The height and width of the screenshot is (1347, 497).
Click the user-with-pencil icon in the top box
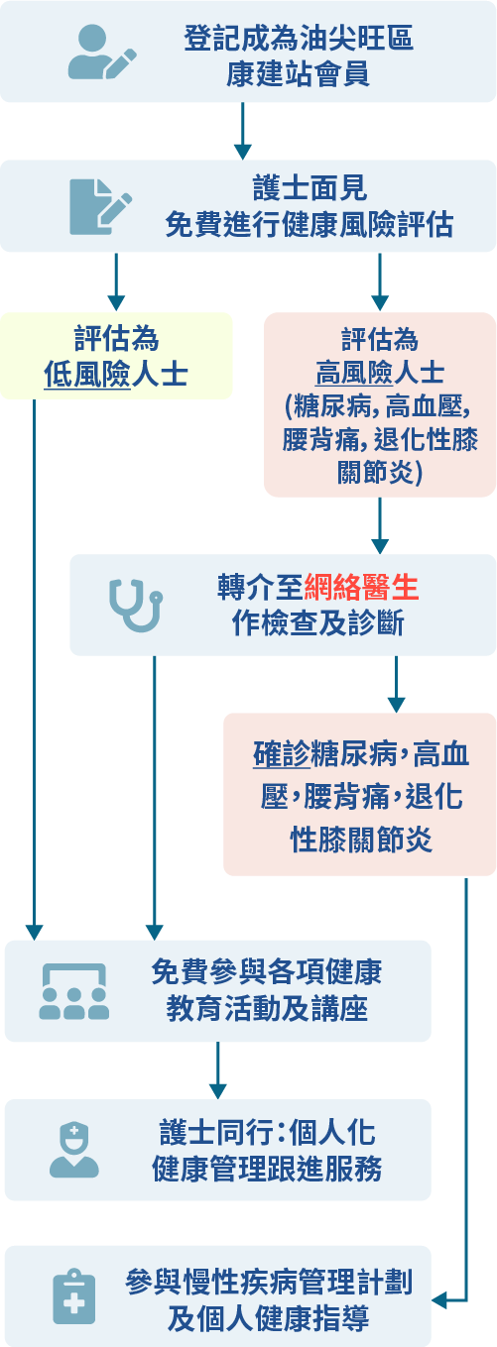[x=102, y=52]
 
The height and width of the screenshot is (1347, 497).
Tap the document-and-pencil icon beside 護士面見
[x=100, y=207]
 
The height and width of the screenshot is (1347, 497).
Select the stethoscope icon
[x=136, y=605]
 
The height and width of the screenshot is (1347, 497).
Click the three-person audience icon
[x=74, y=991]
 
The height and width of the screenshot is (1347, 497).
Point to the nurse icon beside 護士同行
[x=74, y=1151]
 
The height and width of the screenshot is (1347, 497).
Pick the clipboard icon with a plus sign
[x=74, y=1296]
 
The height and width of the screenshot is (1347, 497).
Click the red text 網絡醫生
[x=361, y=587]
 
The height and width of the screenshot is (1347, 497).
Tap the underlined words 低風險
[x=86, y=374]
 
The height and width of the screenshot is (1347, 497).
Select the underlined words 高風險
[x=354, y=373]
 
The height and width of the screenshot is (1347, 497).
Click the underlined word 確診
[x=282, y=754]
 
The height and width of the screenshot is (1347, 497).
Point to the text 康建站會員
[x=298, y=74]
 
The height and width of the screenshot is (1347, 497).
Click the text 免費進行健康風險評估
[x=310, y=224]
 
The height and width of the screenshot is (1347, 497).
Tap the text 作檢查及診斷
[x=318, y=622]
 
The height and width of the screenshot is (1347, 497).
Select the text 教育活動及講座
[x=267, y=1009]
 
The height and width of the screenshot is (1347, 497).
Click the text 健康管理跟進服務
[x=267, y=1169]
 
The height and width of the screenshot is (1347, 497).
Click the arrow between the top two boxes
[x=242, y=131]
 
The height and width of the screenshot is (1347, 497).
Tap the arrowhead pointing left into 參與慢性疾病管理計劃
[x=439, y=1299]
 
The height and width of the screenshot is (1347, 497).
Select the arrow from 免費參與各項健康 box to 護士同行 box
[x=218, y=1070]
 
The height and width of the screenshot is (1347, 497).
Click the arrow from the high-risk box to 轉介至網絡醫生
[x=380, y=525]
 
